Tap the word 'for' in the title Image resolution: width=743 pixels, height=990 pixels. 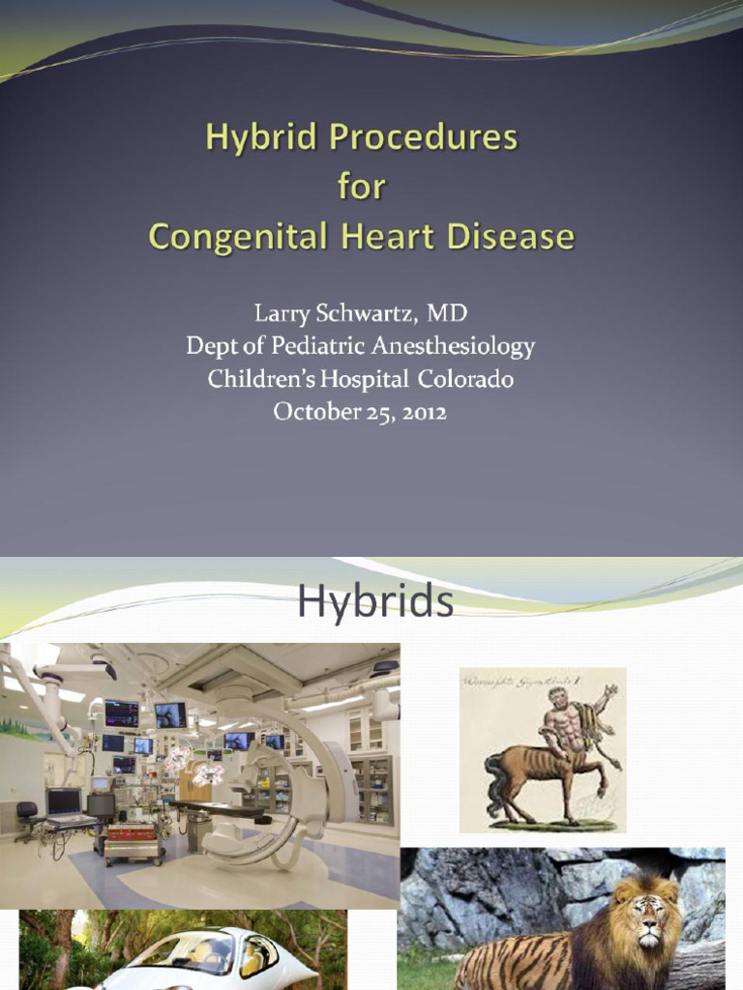tap(362, 187)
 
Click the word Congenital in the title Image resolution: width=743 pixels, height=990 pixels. tap(234, 236)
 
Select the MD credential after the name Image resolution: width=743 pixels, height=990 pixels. tap(447, 314)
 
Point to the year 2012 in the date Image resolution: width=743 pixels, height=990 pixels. tap(420, 411)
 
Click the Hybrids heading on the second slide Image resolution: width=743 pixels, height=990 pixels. tap(374, 601)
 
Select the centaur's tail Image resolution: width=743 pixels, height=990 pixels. tap(495, 788)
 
